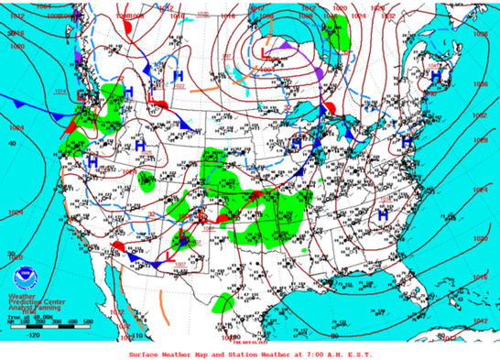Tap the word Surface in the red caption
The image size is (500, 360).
[146, 353]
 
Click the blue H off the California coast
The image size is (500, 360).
[92, 161]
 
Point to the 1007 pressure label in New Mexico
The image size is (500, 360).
[179, 264]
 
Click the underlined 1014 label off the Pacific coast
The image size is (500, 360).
[61, 92]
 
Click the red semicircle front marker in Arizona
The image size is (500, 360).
[120, 247]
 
